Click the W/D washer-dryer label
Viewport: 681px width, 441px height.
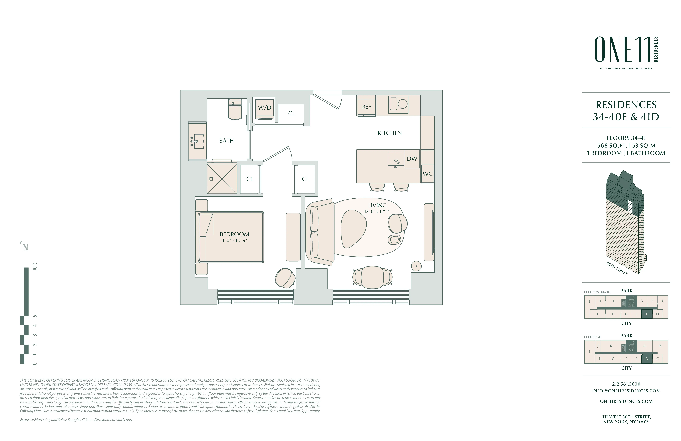pos(264,108)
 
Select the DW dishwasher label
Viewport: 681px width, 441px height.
pos(412,159)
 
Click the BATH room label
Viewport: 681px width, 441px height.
pos(226,141)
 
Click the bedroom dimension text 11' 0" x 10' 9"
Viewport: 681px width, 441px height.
pos(234,241)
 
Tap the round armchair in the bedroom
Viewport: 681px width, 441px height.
pos(285,278)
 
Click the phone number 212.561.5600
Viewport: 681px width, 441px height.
pos(626,384)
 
